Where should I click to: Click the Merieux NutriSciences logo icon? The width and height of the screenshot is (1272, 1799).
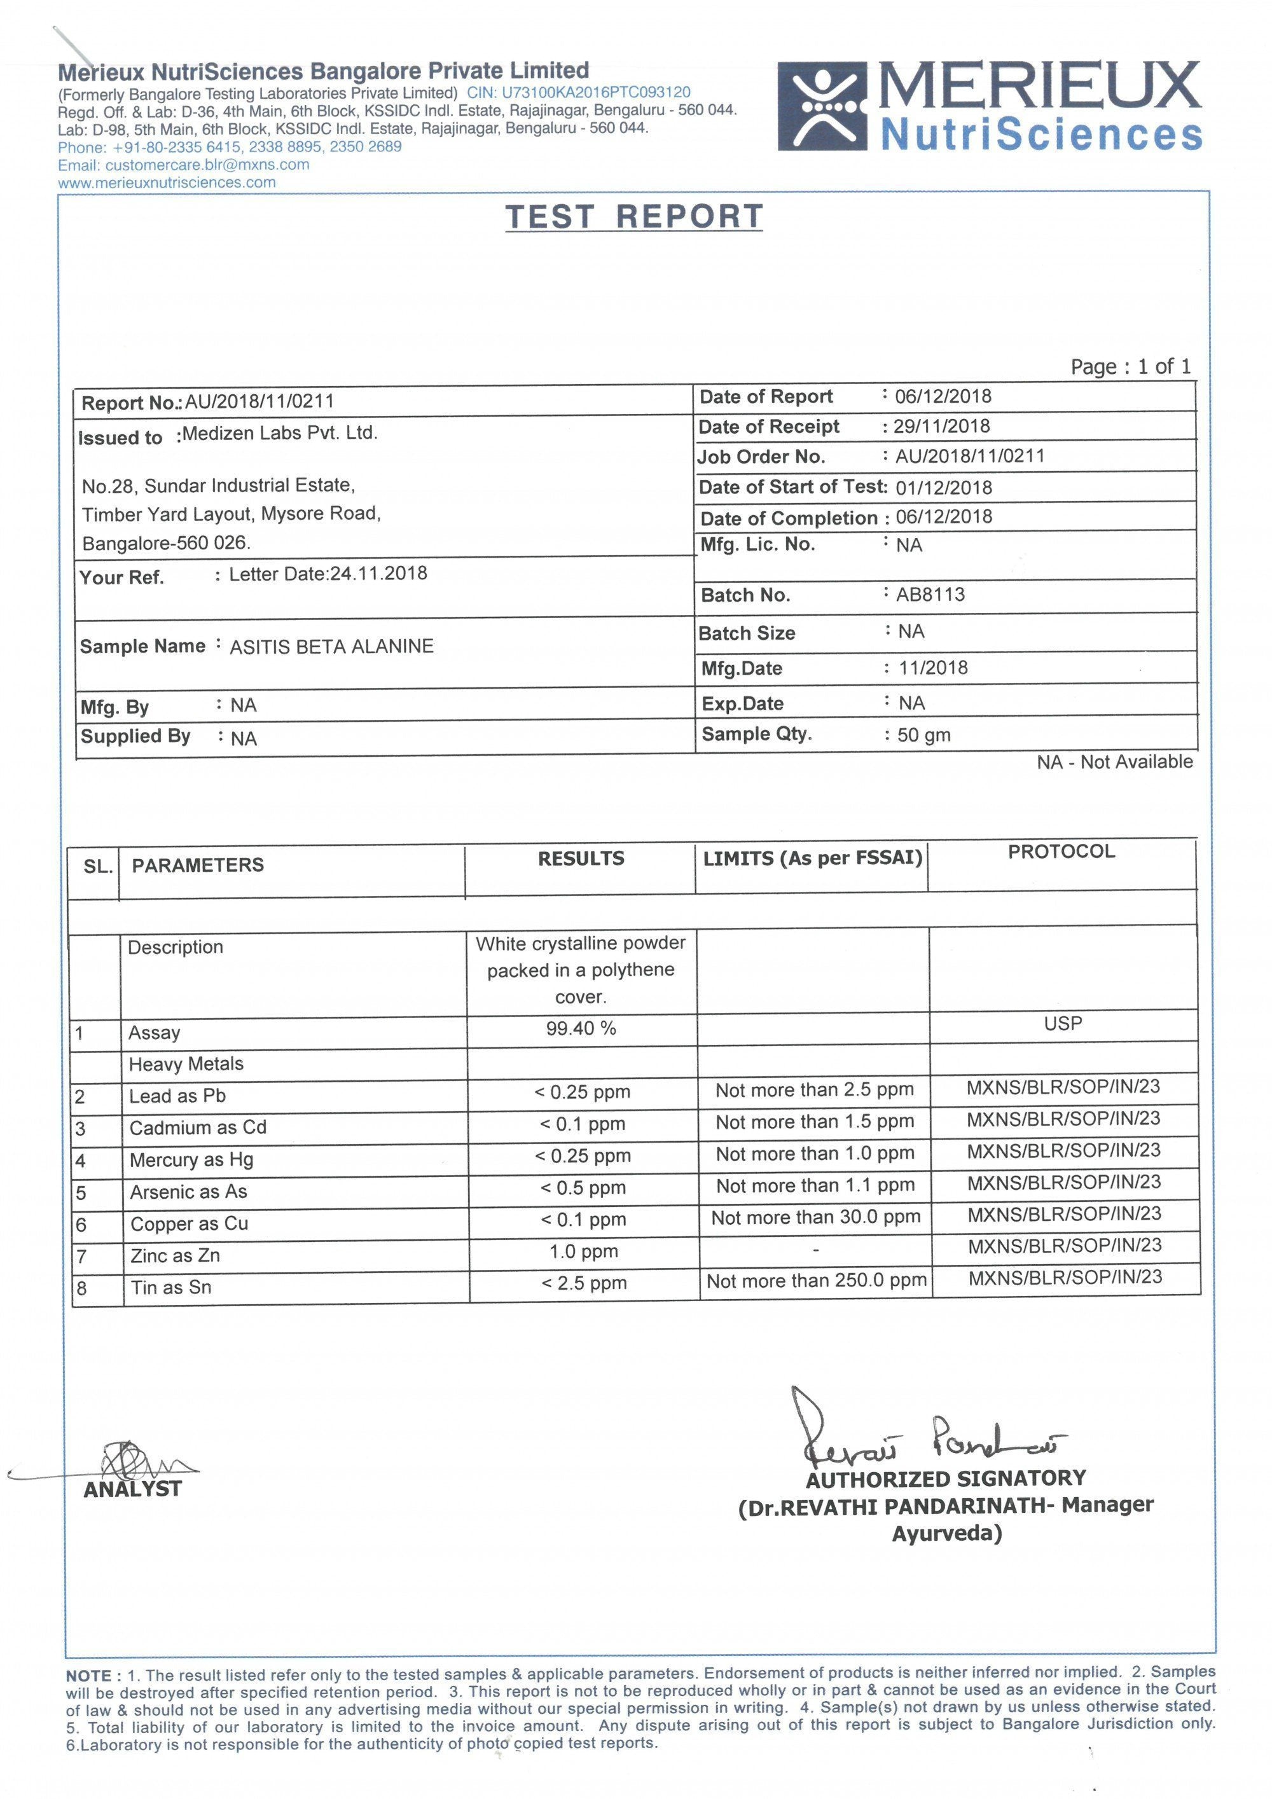(x=822, y=106)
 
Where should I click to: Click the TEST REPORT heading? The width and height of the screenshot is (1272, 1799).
(x=634, y=216)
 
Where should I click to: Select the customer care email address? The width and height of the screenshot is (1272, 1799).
(x=207, y=165)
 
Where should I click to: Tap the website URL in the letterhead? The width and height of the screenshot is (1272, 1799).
(x=167, y=183)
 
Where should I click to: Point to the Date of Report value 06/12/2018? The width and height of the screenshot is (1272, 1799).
(x=943, y=396)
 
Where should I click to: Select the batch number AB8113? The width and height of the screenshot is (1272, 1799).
(x=930, y=594)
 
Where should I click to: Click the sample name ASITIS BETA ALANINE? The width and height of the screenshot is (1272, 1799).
(x=331, y=647)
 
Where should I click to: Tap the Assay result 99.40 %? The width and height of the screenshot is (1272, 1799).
(x=581, y=1028)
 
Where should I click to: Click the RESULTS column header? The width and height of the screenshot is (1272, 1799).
(x=581, y=858)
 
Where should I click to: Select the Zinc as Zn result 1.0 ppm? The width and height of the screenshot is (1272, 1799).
(x=583, y=1251)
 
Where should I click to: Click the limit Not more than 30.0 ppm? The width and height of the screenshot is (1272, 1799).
(x=815, y=1218)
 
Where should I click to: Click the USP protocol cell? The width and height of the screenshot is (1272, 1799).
(x=1063, y=1023)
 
